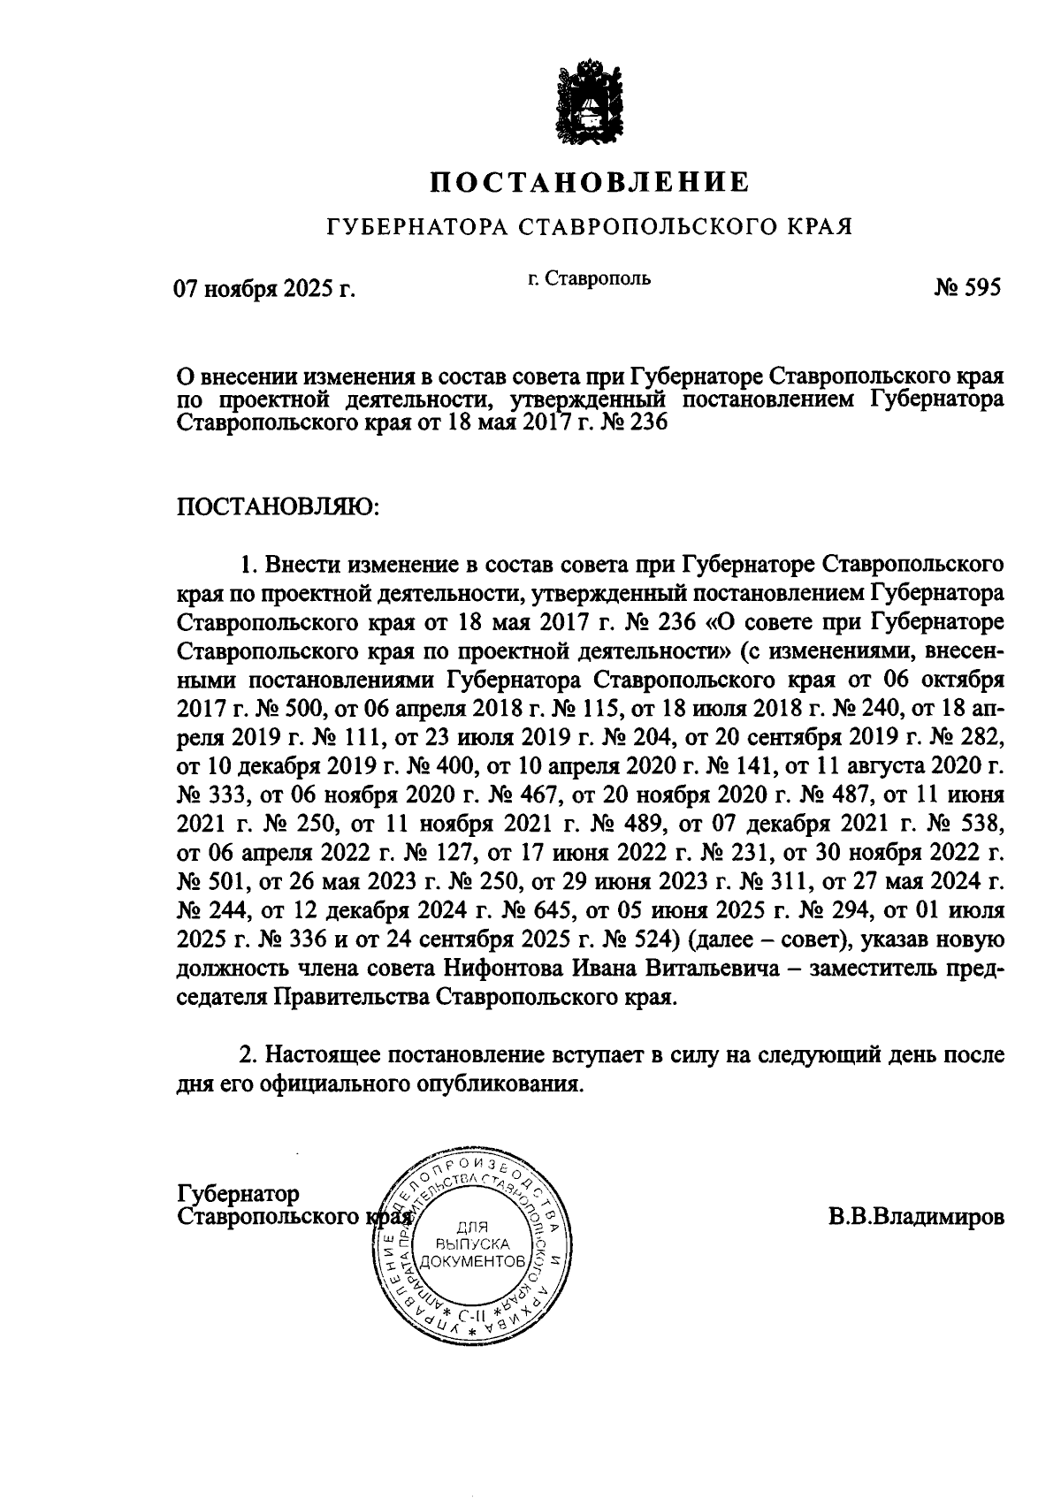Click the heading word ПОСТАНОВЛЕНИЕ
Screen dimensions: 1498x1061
point(590,183)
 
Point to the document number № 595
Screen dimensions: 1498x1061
point(966,288)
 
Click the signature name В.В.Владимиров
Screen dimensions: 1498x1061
point(916,1217)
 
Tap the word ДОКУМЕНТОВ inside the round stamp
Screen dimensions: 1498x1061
point(475,1260)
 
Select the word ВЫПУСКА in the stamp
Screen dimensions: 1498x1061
point(476,1243)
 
